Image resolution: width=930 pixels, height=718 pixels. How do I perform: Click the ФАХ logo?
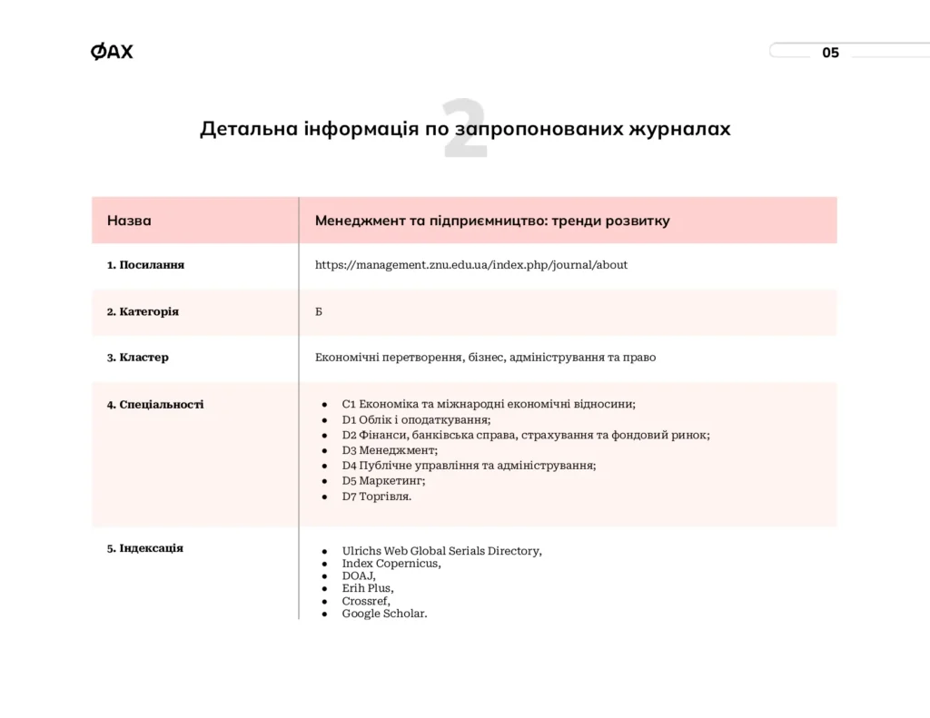point(112,52)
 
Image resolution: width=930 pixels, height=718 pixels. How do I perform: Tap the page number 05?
point(830,53)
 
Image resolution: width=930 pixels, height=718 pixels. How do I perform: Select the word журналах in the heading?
point(679,129)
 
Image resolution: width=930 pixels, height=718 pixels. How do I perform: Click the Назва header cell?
point(129,221)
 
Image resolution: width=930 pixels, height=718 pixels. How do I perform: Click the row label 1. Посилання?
point(145,265)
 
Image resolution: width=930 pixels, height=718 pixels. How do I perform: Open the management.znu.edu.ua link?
point(470,265)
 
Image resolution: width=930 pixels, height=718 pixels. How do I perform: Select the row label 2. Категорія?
point(143,311)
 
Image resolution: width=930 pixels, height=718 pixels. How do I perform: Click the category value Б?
point(319,311)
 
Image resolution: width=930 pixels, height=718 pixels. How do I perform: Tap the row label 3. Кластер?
point(137,358)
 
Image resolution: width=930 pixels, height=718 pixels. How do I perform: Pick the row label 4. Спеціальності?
point(155,405)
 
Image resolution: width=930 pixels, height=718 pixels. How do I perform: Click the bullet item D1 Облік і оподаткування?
point(416,419)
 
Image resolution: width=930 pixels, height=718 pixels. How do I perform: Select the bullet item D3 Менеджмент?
point(390,450)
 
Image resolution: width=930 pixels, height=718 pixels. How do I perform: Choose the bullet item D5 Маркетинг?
point(383,481)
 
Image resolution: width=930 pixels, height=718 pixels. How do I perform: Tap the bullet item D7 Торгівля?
point(376,497)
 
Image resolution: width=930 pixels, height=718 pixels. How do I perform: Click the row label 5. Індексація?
point(145,548)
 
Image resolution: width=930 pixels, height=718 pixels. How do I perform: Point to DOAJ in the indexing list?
point(358,575)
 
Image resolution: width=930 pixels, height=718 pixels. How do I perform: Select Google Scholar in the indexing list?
point(384,614)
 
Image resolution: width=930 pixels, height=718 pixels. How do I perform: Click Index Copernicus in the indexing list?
point(391,563)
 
